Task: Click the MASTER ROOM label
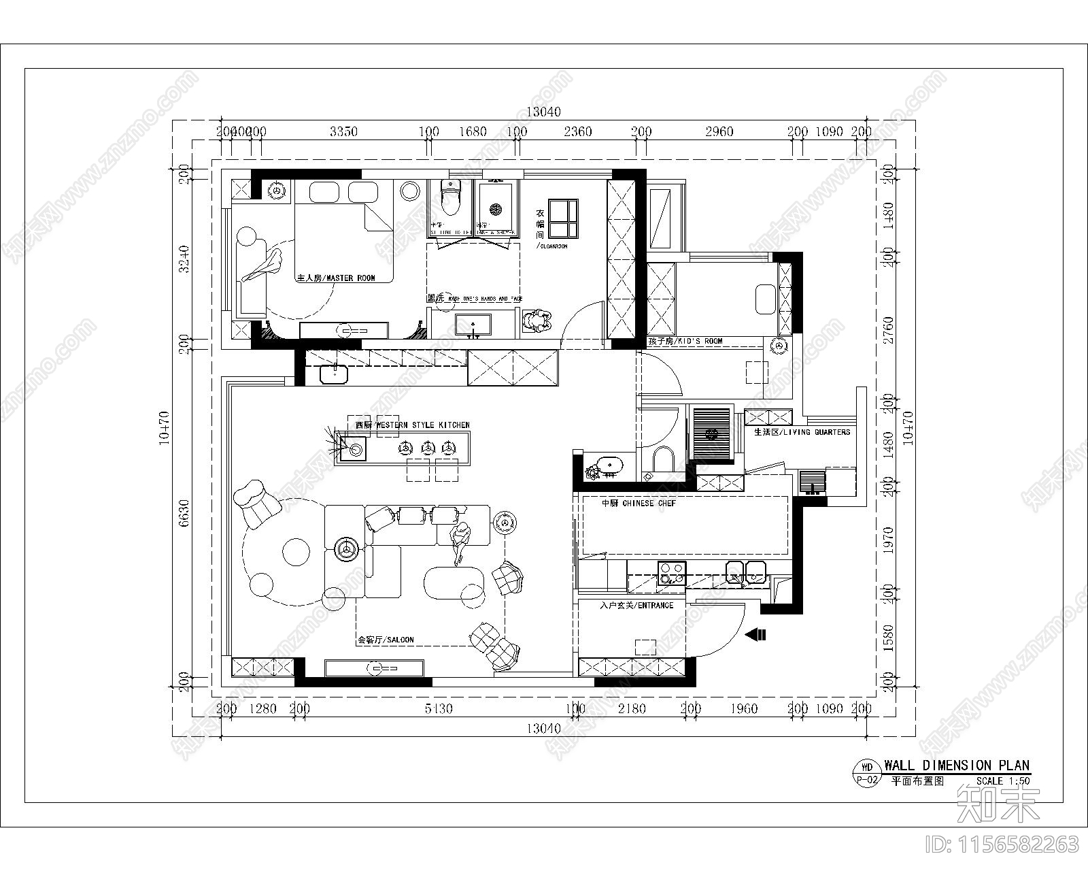(336, 278)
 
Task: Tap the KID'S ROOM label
(685, 341)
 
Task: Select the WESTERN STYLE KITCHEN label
(412, 425)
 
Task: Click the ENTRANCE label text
(637, 605)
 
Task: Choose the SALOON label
(386, 640)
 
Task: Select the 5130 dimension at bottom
(439, 709)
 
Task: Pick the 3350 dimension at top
(343, 132)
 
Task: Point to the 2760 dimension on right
(889, 331)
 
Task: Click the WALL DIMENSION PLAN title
(957, 766)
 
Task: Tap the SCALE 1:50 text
(1002, 782)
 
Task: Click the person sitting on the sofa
(462, 542)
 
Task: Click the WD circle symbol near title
(866, 767)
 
